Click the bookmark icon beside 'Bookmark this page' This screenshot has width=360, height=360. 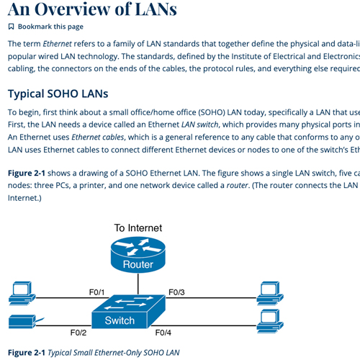click(11, 27)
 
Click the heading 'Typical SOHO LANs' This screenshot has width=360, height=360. click(58, 94)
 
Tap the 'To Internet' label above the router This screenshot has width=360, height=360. click(138, 228)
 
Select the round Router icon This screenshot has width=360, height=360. click(138, 255)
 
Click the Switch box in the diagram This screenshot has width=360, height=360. click(129, 312)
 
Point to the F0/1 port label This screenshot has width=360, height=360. click(97, 292)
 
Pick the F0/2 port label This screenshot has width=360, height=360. click(78, 333)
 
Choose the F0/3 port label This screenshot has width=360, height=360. click(176, 292)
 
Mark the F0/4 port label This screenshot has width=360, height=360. click(163, 333)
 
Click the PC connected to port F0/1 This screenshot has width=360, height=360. click(22, 293)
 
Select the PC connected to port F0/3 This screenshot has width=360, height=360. click(270, 293)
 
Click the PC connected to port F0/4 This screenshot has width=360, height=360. click(270, 321)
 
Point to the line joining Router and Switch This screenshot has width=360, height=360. click(138, 284)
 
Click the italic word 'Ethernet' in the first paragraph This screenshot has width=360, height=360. click(57, 44)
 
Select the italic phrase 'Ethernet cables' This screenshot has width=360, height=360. click(98, 137)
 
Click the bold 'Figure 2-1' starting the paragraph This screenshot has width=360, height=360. click(27, 173)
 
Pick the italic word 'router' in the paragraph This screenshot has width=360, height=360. click(237, 186)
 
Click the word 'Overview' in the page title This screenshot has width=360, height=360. click(73, 9)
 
